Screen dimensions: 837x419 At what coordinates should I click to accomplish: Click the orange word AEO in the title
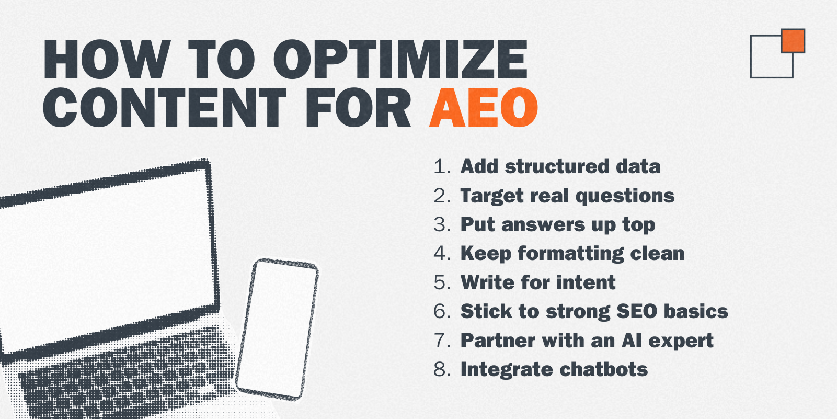(x=484, y=108)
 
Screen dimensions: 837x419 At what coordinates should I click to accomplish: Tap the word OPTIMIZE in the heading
(x=400, y=59)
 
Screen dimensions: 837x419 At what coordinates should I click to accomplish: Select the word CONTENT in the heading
(x=164, y=108)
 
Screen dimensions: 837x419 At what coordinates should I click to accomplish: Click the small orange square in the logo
(x=793, y=41)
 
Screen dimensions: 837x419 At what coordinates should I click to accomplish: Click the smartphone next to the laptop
(x=277, y=330)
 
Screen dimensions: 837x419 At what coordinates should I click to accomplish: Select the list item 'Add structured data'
(x=560, y=166)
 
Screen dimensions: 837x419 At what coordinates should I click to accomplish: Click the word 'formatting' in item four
(x=570, y=254)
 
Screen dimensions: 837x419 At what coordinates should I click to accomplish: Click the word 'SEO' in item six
(x=636, y=311)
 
